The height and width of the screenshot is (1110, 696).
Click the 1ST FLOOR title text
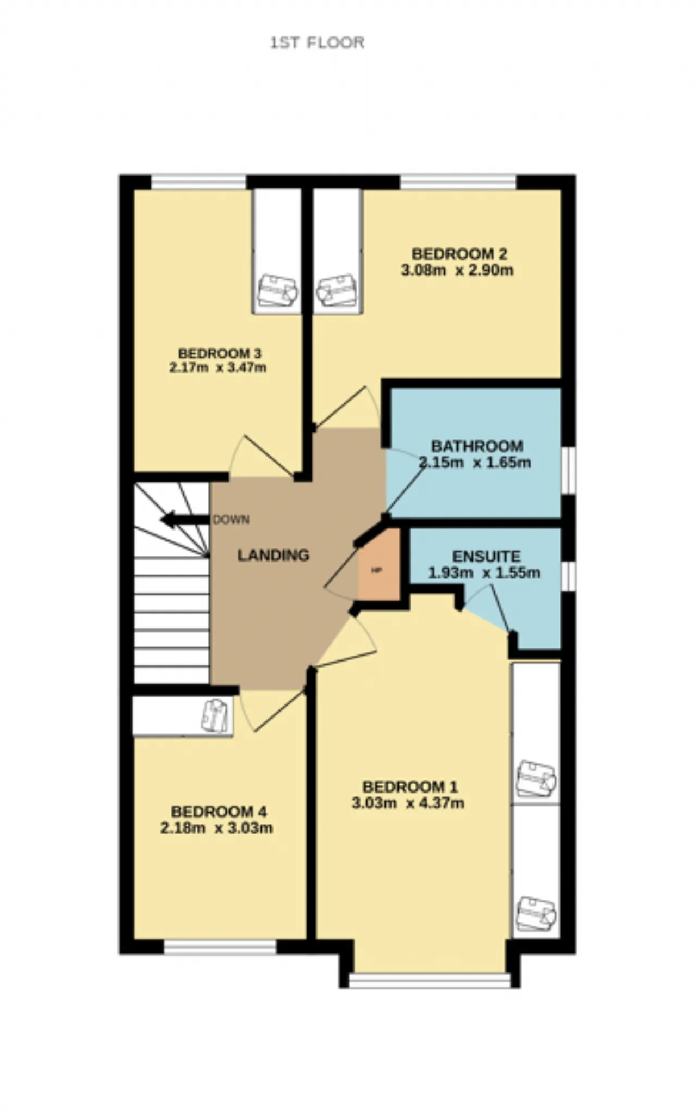318,43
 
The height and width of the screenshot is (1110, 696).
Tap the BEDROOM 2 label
459,254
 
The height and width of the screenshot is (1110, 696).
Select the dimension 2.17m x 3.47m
218,367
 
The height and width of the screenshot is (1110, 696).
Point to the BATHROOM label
477,446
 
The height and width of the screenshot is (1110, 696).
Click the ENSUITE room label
487,557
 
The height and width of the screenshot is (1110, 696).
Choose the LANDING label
274,555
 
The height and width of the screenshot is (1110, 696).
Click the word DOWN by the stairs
231,520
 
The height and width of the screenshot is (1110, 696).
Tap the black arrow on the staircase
185,520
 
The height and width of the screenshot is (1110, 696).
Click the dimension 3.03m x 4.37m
408,803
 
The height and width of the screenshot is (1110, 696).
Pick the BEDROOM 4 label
219,812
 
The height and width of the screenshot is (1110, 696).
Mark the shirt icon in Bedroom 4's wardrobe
216,716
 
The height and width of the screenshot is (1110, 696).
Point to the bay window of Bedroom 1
430,980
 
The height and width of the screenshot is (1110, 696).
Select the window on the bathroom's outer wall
568,470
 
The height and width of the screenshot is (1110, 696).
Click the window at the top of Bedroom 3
198,182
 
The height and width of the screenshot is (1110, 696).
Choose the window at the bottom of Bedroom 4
220,948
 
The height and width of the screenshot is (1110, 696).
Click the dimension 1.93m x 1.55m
484,573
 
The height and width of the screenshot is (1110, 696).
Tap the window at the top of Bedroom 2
458,182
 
